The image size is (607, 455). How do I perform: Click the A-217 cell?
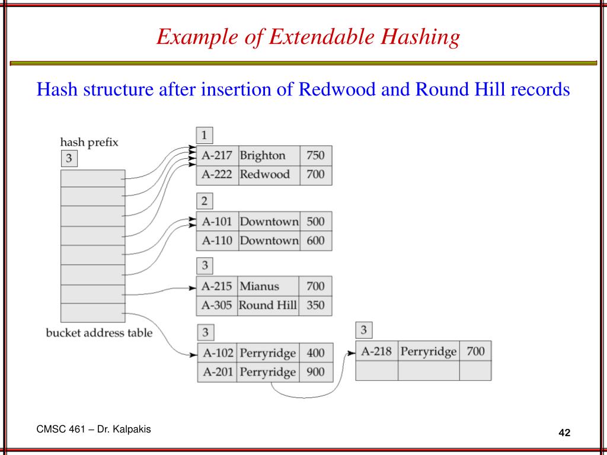click(x=218, y=156)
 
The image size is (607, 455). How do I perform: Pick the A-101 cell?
click(x=218, y=222)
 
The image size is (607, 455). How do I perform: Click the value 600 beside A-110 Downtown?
click(x=315, y=241)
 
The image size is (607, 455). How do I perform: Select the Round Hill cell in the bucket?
click(x=268, y=306)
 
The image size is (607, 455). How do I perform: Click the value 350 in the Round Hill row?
click(x=315, y=306)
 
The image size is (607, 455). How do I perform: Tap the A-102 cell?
click(x=218, y=353)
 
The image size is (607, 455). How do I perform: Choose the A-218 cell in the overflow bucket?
click(x=376, y=351)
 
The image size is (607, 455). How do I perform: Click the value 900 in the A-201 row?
click(x=315, y=372)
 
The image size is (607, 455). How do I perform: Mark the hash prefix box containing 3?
click(x=69, y=159)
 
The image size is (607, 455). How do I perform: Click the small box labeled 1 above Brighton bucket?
click(x=204, y=136)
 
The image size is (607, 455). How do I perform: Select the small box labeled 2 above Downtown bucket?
click(x=204, y=201)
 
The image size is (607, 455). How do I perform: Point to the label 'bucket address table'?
click(x=99, y=333)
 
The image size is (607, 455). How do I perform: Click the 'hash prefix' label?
click(x=90, y=142)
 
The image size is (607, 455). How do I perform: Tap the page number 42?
click(x=564, y=433)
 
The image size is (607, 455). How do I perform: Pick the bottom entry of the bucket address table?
click(x=92, y=313)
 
